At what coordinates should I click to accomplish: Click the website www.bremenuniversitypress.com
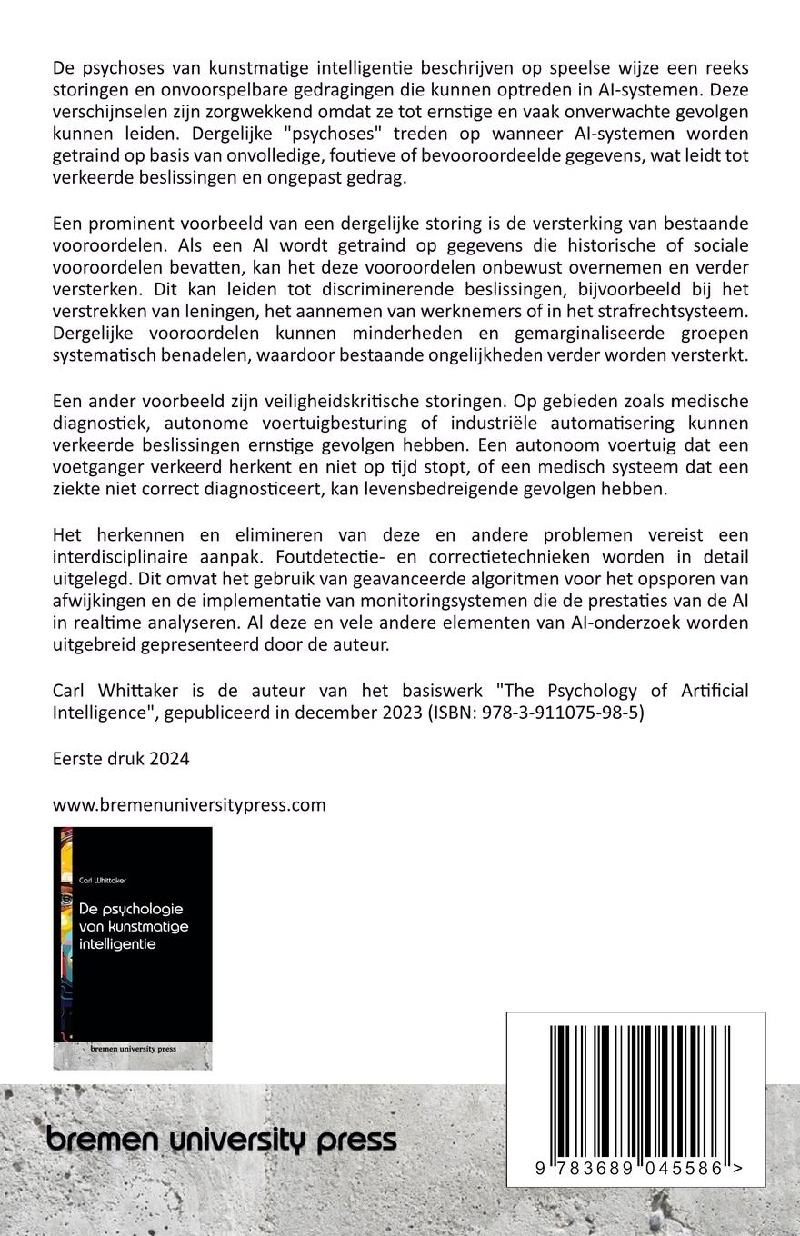pos(189,804)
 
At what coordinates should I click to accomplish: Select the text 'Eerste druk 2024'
pos(121,759)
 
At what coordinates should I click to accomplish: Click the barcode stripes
pos(635,1091)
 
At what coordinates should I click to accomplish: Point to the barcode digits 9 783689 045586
pos(629,1169)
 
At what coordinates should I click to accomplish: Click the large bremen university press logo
pos(221,1140)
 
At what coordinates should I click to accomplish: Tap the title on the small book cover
pos(133,926)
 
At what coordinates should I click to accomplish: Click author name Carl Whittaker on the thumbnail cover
pos(103,880)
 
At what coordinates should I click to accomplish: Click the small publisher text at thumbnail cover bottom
pos(133,1048)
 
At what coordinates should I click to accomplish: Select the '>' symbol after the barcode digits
pos(737,1169)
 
